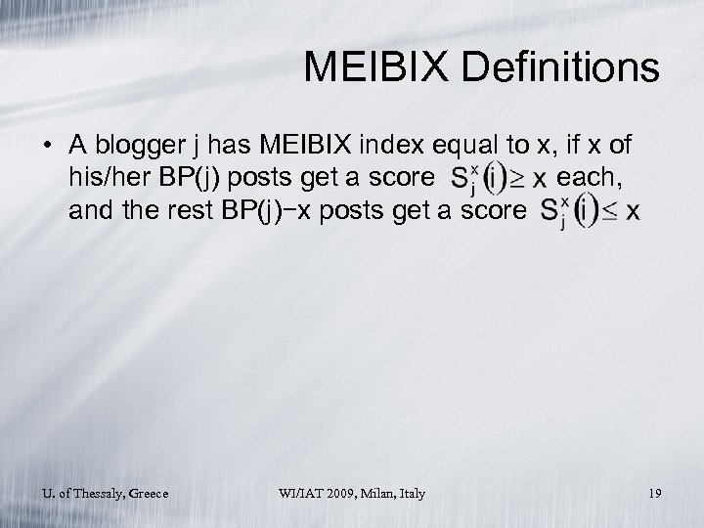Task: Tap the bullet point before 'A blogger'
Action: (47, 148)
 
